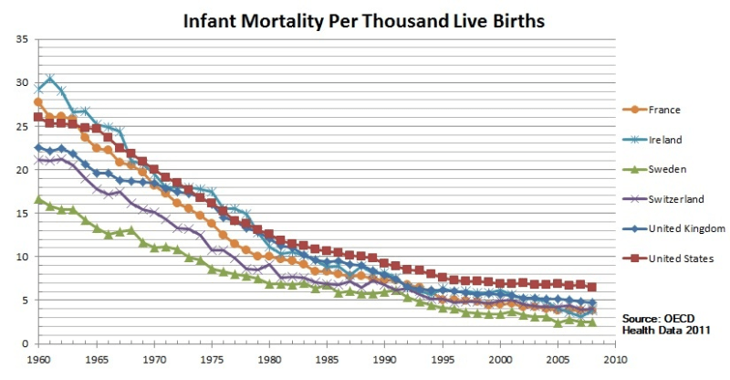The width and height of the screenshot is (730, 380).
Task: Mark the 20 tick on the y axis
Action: (21, 170)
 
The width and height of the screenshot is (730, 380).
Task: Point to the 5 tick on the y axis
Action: (24, 301)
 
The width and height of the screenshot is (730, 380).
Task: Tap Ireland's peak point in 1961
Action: (50, 79)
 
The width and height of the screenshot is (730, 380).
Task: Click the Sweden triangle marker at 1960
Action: (38, 199)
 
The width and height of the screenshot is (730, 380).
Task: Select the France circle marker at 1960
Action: (38, 102)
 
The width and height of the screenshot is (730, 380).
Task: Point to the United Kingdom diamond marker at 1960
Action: (38, 147)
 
